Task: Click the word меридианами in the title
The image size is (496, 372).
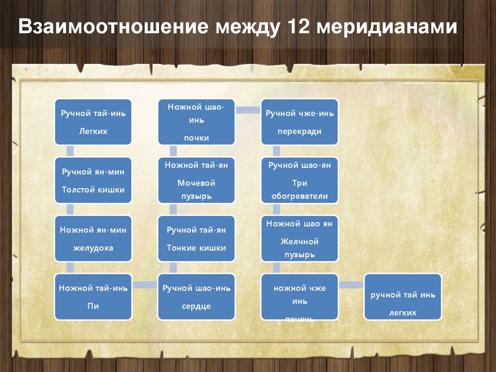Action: tap(387, 27)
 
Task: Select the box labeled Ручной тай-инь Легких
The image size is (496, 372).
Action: tap(93, 122)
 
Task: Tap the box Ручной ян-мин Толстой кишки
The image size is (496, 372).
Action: tap(93, 180)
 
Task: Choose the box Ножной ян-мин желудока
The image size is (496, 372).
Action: tap(93, 239)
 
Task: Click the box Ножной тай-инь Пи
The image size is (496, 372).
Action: tap(93, 297)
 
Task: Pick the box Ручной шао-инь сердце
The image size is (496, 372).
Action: tap(196, 297)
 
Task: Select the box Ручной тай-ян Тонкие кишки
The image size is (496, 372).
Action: tap(196, 239)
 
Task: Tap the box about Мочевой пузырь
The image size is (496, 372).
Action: tap(196, 180)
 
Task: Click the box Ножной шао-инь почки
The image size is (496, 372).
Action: tap(196, 122)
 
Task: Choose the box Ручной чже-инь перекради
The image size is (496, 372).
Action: tap(299, 122)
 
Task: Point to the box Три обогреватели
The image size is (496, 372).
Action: tap(299, 180)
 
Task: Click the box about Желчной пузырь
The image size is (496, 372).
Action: tap(299, 239)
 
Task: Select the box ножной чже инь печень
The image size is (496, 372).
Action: tap(299, 297)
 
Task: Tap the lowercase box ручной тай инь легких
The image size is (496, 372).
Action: tap(403, 297)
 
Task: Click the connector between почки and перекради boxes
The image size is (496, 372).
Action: tap(248, 110)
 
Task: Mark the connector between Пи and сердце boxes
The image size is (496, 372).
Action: tap(145, 285)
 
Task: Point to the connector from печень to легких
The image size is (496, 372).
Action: tap(351, 285)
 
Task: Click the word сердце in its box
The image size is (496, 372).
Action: tap(196, 307)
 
